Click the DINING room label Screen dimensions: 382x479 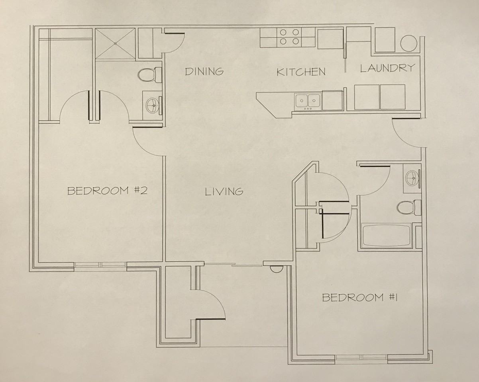tap(204, 72)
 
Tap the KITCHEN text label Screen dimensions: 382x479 tap(301, 72)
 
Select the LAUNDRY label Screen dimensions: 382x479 tap(387, 68)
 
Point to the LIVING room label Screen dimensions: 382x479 tap(224, 192)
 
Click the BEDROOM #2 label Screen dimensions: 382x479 tap(107, 191)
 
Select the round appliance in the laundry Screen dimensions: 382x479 tap(408, 43)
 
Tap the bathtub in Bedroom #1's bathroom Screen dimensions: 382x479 tap(386, 236)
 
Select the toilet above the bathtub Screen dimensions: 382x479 tap(409, 207)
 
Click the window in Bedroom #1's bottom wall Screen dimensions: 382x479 tap(361, 357)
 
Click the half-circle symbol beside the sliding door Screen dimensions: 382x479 tap(275, 270)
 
